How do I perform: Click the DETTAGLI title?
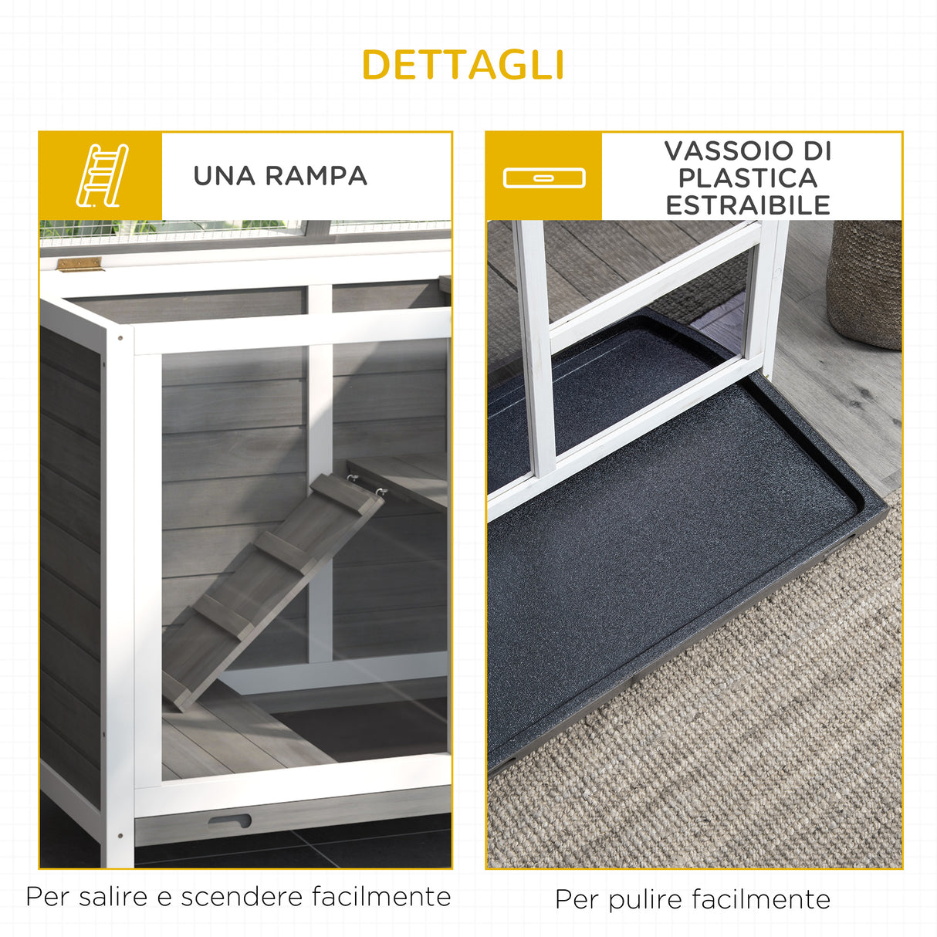(463, 65)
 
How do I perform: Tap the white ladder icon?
(102, 175)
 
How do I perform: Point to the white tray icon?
(544, 178)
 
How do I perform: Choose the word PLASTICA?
(747, 178)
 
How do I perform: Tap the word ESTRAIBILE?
(747, 205)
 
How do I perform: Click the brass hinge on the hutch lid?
(79, 265)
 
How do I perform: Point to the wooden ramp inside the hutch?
(270, 587)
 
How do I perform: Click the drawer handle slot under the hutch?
(229, 821)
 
